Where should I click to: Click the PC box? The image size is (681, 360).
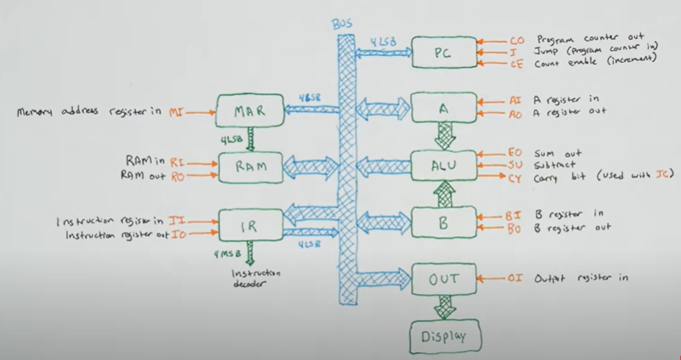click(x=442, y=52)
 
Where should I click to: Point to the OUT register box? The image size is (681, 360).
click(x=442, y=278)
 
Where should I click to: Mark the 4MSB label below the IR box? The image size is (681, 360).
click(x=225, y=253)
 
